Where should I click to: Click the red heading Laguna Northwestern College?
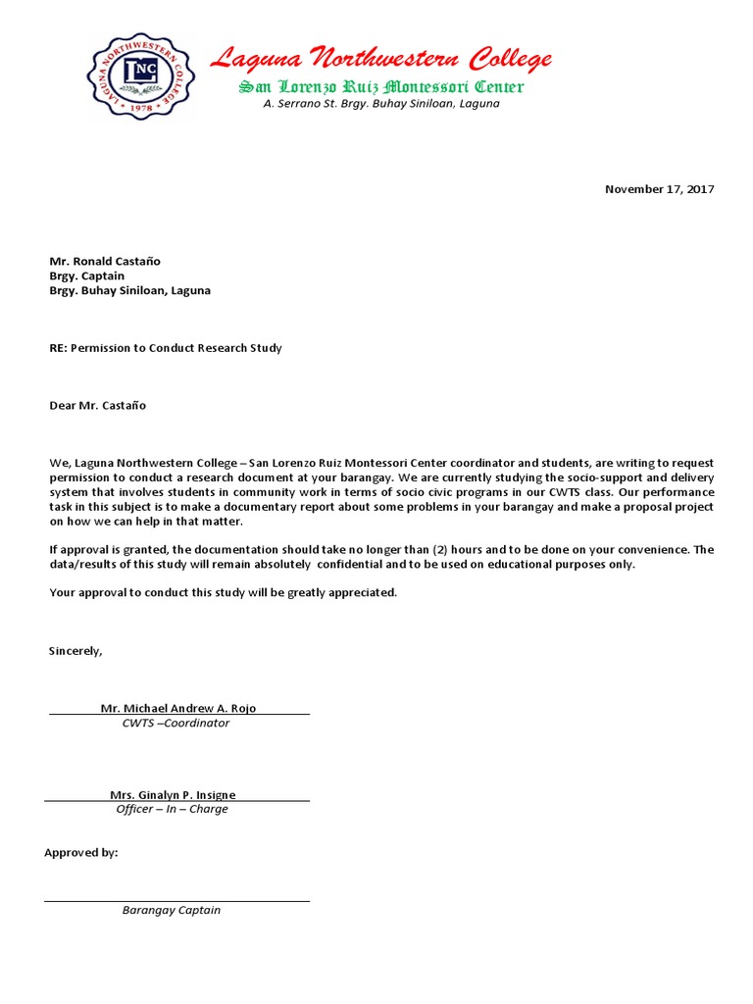tap(381, 60)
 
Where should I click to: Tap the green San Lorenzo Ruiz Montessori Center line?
tap(381, 87)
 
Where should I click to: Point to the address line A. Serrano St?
tap(381, 103)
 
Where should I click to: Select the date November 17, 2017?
tap(659, 189)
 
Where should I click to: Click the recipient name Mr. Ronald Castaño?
tap(105, 262)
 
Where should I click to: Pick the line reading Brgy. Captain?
tap(87, 276)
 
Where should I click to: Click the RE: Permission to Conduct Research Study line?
tap(166, 348)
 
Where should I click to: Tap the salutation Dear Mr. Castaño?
tap(98, 405)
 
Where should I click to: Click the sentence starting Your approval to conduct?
tap(224, 593)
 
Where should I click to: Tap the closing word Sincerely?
tap(75, 650)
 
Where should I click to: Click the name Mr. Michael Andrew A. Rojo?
tap(178, 708)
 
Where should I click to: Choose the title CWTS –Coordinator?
tap(176, 723)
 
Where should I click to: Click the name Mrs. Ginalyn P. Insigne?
tap(173, 794)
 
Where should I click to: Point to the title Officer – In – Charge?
tap(173, 809)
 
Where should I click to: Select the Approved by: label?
tap(81, 852)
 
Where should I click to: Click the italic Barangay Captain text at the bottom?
tap(172, 910)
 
